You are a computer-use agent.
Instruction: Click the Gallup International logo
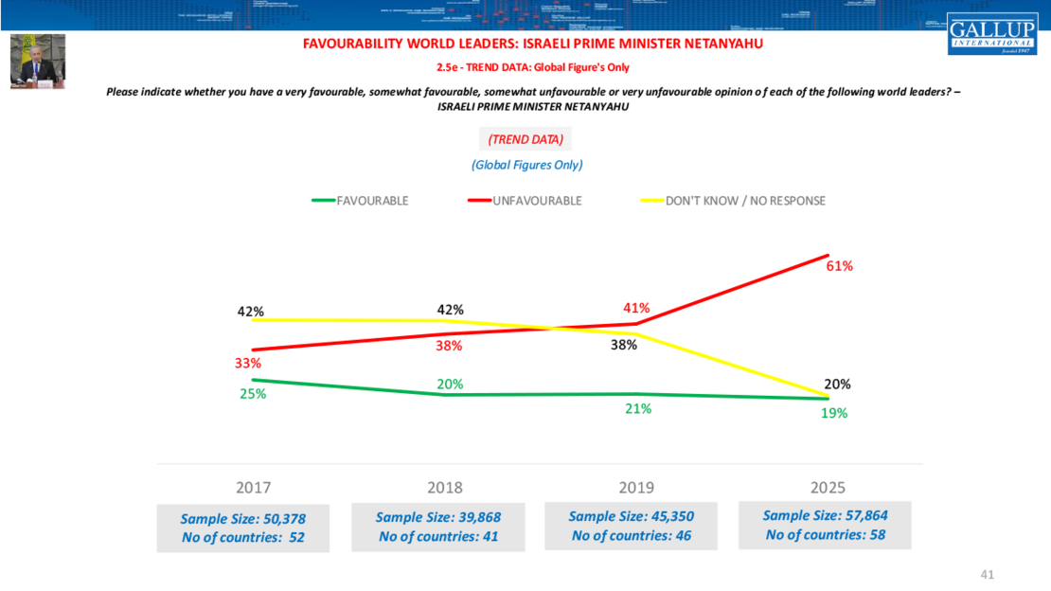[991, 34]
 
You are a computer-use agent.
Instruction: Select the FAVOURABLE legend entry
[360, 201]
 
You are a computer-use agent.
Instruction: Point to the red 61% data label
[839, 266]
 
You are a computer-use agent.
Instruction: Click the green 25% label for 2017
[253, 394]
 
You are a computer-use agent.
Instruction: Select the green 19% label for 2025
[834, 413]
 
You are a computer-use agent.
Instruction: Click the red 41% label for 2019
[636, 308]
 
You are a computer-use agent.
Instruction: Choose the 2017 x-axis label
[253, 488]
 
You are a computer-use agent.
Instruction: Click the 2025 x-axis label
[828, 488]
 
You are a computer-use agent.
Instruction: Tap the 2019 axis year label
[636, 488]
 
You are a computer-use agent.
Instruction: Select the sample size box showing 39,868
[438, 527]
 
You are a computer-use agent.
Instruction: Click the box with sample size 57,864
[825, 525]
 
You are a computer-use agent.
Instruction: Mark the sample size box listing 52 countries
[243, 528]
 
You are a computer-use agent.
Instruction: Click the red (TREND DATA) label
[525, 139]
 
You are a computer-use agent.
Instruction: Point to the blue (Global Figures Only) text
[526, 165]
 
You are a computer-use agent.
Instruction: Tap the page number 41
[988, 574]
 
